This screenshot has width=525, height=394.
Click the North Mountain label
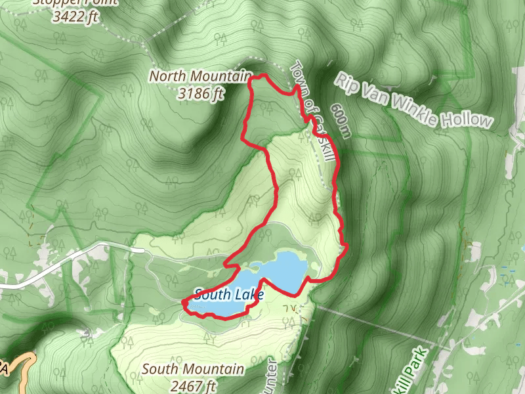[200, 76]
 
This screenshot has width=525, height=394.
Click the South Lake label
[228, 294]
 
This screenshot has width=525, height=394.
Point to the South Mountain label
[193, 370]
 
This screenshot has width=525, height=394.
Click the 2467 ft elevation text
[192, 385]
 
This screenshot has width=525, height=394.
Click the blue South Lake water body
[282, 269]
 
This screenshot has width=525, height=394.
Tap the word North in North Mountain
[167, 76]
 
